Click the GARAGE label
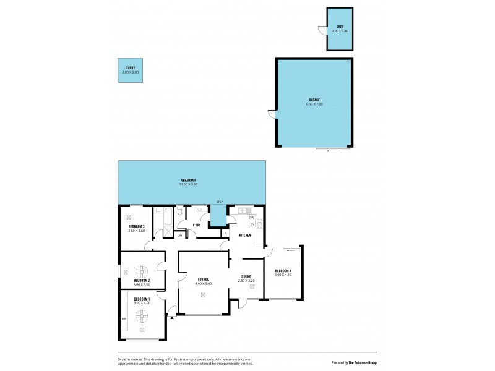click(314, 100)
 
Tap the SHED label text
click(340, 27)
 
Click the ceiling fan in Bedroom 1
click(142, 315)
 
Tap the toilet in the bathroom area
click(179, 213)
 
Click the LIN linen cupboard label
click(180, 235)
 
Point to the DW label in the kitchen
click(252, 218)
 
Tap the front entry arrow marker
click(171, 316)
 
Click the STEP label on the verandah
click(218, 202)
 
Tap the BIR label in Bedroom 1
click(124, 318)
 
